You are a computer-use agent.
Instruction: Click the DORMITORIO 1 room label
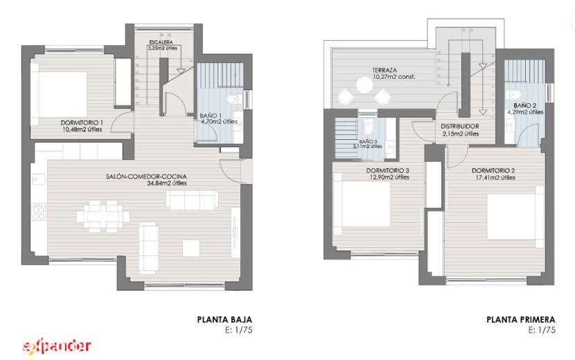82,123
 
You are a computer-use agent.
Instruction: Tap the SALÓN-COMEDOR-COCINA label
146,177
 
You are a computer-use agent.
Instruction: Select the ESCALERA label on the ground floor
161,42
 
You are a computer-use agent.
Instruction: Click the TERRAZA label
384,70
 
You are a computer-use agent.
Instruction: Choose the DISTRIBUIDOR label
460,127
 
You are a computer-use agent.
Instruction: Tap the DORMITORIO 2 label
493,170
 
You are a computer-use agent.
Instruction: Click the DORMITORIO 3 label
388,170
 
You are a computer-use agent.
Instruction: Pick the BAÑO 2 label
524,106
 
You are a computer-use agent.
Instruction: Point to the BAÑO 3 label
368,141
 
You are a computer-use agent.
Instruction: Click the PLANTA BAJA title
224,319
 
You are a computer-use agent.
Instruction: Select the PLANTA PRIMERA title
521,319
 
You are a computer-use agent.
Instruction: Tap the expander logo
57,345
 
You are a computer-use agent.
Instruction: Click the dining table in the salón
103,216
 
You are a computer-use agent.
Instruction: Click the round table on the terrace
365,85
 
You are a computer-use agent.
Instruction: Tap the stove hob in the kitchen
39,212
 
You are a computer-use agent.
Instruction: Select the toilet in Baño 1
233,99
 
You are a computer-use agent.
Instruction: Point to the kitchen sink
39,179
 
